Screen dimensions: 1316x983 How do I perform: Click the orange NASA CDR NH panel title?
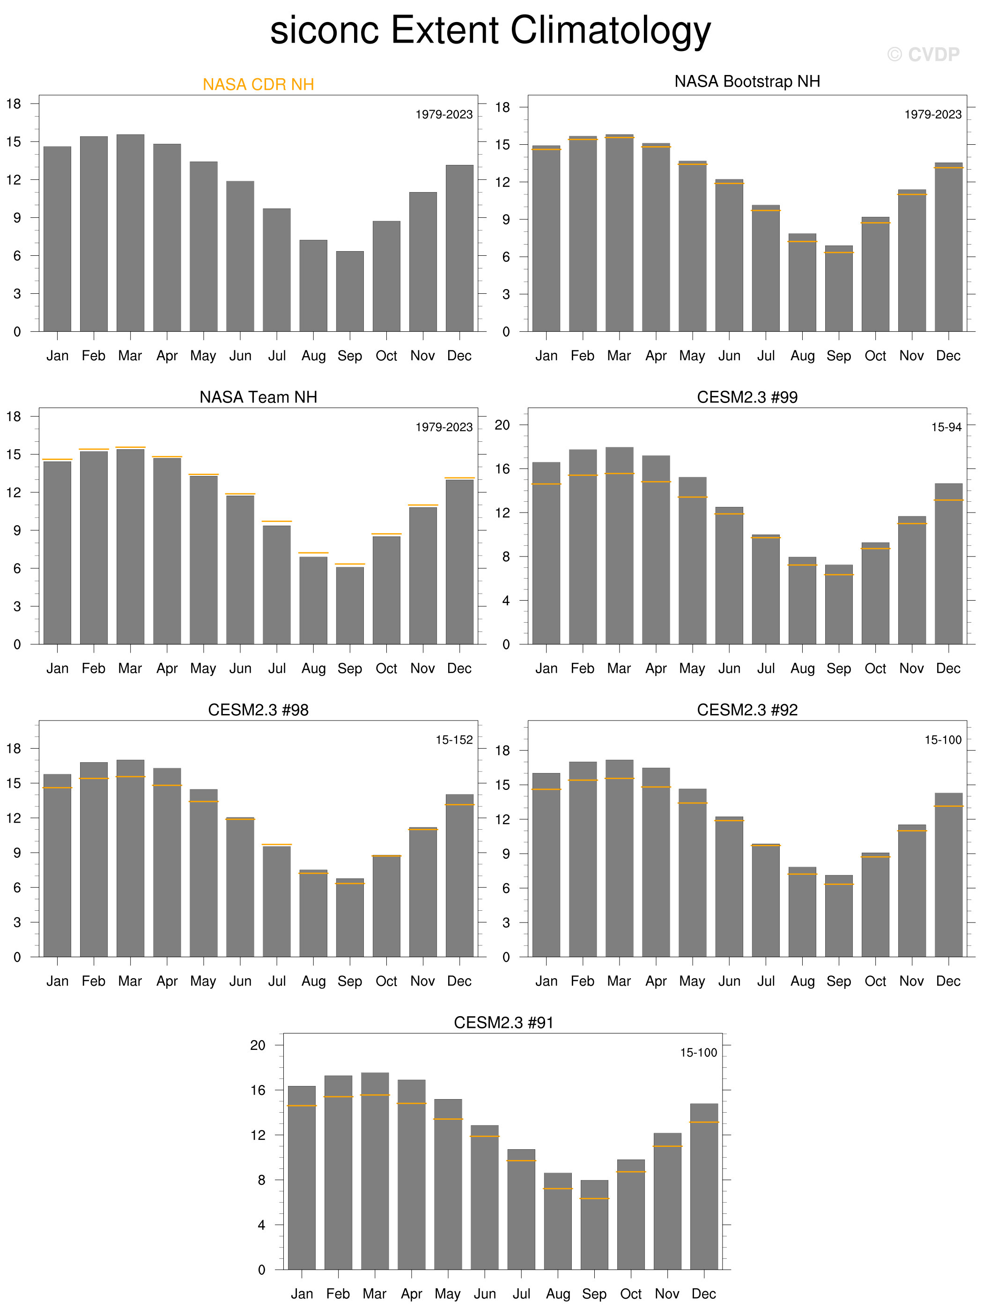pos(258,84)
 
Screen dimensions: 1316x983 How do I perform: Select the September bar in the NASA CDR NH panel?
pos(350,291)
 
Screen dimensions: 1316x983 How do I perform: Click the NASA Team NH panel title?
pos(258,397)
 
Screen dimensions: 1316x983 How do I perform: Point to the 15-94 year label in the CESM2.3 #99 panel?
pos(946,427)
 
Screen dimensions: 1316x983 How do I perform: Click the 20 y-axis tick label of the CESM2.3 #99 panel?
pos(502,425)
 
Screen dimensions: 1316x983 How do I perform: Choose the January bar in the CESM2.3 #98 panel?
pos(57,866)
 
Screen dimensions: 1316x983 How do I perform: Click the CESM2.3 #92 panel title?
pos(747,710)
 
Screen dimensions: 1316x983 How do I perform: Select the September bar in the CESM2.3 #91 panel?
pos(594,1225)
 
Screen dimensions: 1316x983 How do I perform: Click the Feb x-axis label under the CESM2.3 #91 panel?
pos(338,1294)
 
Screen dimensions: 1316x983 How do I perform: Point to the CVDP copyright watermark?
pos(923,55)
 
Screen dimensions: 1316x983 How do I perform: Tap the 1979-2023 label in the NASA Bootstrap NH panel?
pos(932,114)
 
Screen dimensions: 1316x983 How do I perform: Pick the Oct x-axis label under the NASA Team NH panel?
pos(386,668)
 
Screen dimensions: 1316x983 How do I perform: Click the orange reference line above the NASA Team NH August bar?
pos(313,553)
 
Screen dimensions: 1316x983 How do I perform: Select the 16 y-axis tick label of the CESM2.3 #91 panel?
pos(258,1090)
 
